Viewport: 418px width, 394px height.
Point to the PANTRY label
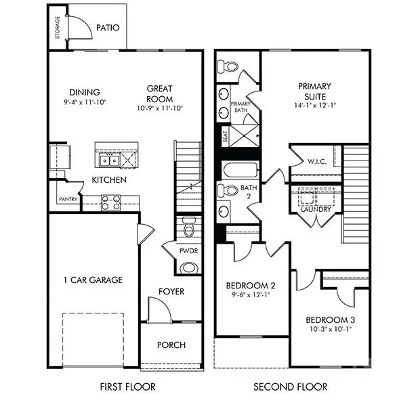[66, 199]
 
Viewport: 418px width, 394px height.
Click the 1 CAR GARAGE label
[93, 280]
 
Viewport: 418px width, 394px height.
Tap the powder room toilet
[189, 227]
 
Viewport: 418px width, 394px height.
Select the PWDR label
[188, 251]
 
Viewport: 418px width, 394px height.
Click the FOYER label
[171, 292]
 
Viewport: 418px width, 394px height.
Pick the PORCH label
[171, 345]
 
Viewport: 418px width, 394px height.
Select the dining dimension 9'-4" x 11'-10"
[84, 104]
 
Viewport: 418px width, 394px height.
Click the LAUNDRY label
[316, 209]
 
